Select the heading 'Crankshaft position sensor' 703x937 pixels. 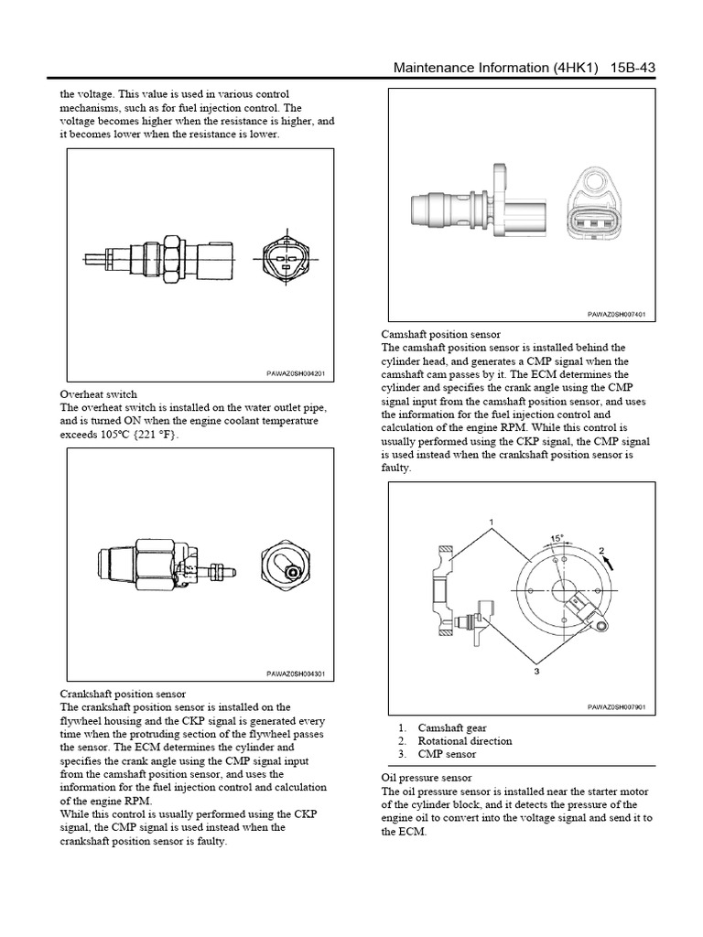123,694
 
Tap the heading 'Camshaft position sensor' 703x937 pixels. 440,334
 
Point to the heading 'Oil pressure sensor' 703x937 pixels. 426,778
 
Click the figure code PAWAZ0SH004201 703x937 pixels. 296,372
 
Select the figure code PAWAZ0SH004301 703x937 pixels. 296,674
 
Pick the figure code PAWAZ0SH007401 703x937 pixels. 616,314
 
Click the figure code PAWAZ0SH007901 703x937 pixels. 616,707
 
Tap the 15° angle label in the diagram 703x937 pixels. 556,538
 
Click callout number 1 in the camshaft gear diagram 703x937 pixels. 492,522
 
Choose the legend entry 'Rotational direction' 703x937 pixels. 464,741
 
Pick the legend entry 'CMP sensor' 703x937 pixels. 447,755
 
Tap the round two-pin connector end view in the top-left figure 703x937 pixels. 285,260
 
